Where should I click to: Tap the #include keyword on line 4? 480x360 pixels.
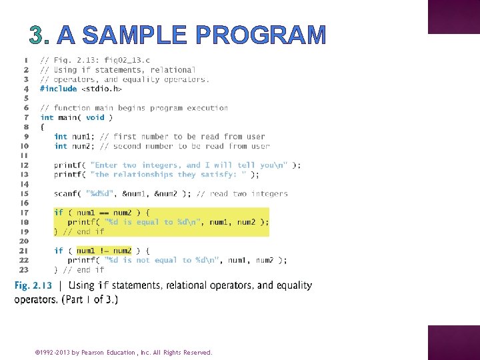(x=58, y=89)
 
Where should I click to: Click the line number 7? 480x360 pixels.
(x=25, y=117)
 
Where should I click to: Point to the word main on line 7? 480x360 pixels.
(x=67, y=117)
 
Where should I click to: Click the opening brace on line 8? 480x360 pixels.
(x=43, y=127)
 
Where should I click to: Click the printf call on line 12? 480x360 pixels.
(x=69, y=165)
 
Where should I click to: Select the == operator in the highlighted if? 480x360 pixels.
(x=104, y=213)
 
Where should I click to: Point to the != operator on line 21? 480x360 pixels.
(x=104, y=251)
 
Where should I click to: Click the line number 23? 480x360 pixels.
(x=23, y=270)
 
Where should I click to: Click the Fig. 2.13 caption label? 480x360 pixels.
(x=33, y=286)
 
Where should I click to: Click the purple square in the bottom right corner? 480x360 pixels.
(x=453, y=343)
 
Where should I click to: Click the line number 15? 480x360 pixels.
(x=23, y=194)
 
